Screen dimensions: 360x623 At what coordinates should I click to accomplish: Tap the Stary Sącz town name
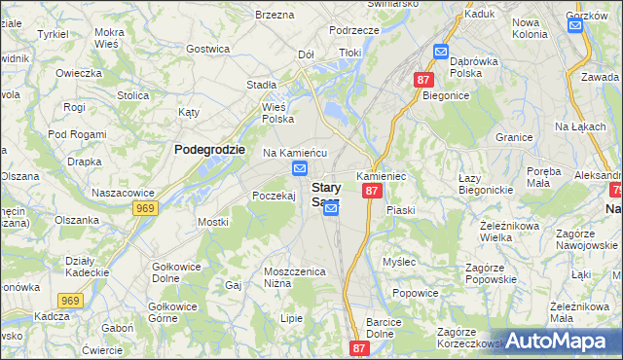coord(324,195)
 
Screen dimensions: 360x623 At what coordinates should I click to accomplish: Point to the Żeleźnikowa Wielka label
coord(510,230)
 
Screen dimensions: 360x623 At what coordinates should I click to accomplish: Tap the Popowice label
coord(414,292)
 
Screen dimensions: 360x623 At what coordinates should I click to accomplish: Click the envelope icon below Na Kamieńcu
coord(299,170)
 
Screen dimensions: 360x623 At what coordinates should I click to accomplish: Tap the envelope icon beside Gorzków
coord(575,25)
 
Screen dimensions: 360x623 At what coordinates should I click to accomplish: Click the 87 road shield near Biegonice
coord(422,80)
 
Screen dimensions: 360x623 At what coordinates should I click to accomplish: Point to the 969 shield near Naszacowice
coord(146,208)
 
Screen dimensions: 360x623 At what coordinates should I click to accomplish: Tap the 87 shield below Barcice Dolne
coord(360,348)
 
